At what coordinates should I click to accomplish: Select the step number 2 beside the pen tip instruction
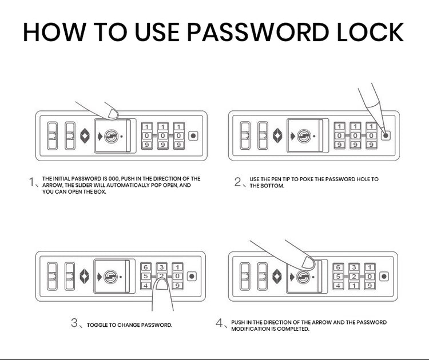(238, 182)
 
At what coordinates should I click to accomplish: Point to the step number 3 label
(74, 323)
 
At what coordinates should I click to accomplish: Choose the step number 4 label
(219, 323)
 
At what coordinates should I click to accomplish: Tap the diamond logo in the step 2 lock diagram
(278, 136)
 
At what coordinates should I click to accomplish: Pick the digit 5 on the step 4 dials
(339, 276)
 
